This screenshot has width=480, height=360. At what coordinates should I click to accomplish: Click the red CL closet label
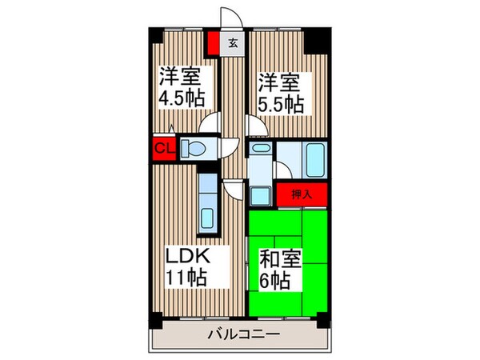[162, 147]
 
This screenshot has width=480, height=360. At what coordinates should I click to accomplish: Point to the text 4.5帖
[181, 99]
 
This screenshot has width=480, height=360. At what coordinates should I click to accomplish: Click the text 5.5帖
[280, 103]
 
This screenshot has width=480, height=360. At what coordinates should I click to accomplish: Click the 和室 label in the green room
[280, 260]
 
